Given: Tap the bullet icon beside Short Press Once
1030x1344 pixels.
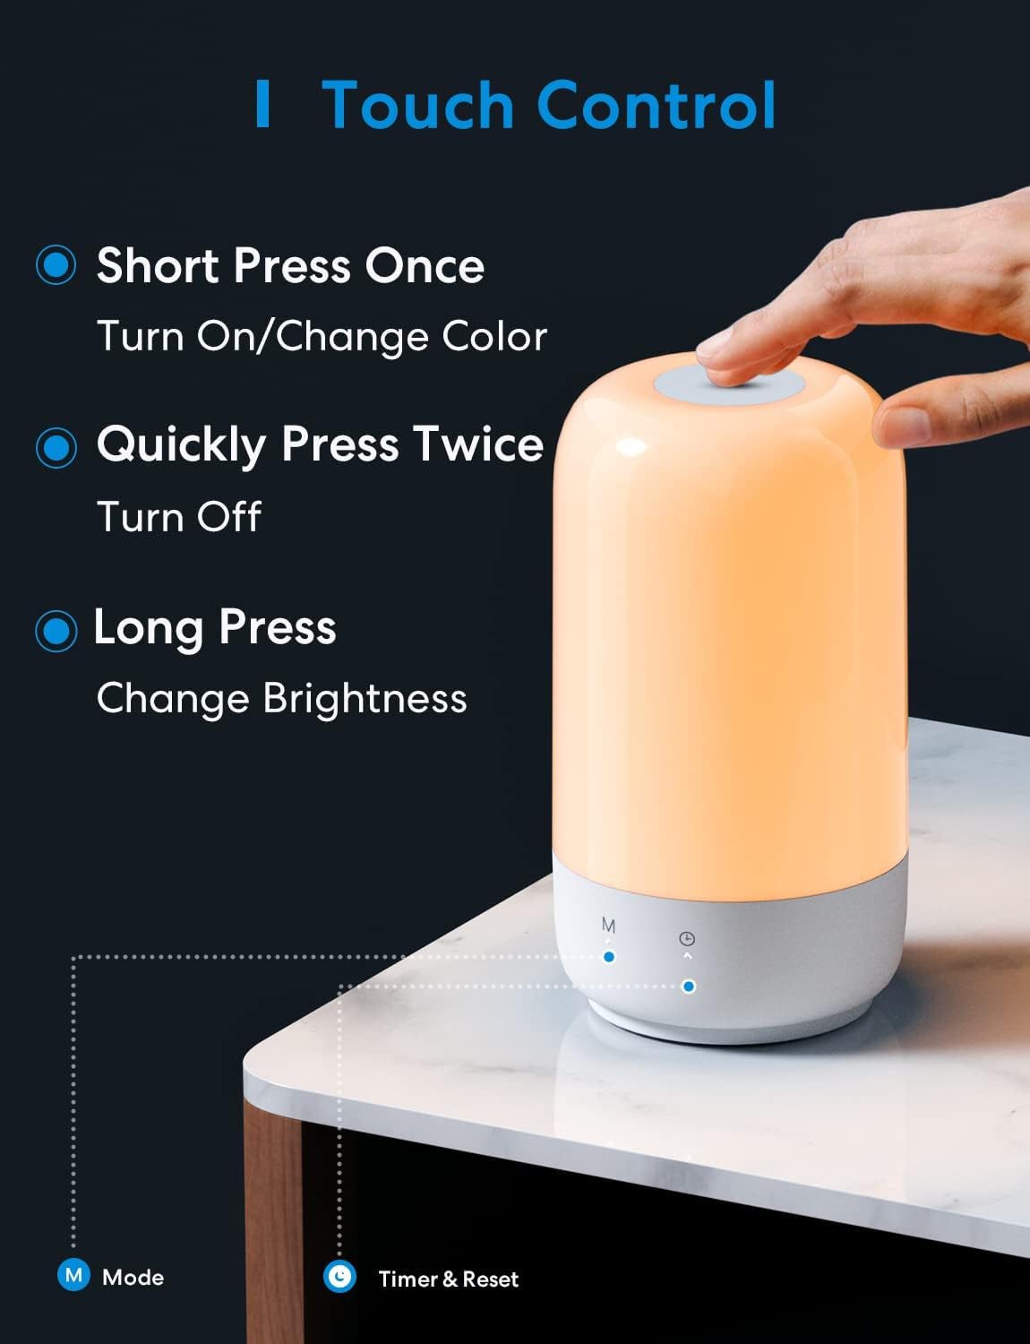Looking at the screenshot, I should [x=56, y=265].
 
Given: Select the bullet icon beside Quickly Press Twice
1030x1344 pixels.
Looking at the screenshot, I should [x=56, y=446].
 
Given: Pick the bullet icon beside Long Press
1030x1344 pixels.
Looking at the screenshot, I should [x=56, y=631].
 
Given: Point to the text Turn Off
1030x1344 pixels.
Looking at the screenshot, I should [x=178, y=517].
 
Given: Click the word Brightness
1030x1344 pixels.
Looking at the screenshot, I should [x=365, y=699].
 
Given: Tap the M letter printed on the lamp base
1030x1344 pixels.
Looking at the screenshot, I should [x=609, y=926].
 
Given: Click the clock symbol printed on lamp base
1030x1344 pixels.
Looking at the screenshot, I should [x=687, y=939].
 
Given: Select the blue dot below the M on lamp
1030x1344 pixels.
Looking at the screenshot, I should [x=609, y=957].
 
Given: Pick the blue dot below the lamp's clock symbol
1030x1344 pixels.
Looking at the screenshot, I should [x=688, y=986].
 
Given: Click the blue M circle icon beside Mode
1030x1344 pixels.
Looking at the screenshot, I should [x=73, y=1275].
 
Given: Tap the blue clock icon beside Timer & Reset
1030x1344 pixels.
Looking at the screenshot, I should [x=340, y=1277].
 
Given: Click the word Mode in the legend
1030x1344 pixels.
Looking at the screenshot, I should [x=133, y=1278].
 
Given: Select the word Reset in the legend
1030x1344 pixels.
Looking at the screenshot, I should [x=491, y=1279].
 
